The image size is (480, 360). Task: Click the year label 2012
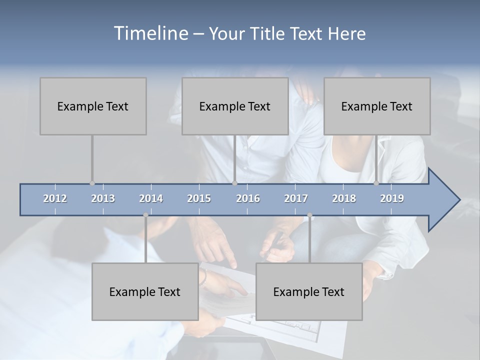point(55,198)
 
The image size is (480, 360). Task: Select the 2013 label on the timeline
point(103,198)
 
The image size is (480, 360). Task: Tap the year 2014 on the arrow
point(151,198)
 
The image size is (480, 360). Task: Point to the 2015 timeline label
point(199,198)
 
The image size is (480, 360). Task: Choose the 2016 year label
point(248,198)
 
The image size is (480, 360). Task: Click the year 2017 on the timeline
point(296,198)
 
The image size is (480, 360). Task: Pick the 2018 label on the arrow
point(344,198)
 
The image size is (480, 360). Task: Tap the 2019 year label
point(392,198)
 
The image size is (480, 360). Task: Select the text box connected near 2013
point(93,106)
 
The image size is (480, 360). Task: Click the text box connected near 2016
point(235,106)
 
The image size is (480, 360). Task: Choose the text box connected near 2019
point(377,106)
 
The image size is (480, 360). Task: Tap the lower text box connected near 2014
point(145,291)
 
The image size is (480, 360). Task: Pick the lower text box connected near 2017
point(309,291)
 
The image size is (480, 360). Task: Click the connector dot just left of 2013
point(92,183)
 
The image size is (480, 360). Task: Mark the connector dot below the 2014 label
point(145,215)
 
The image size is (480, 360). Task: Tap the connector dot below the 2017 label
point(309,215)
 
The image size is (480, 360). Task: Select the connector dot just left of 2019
point(376,183)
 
